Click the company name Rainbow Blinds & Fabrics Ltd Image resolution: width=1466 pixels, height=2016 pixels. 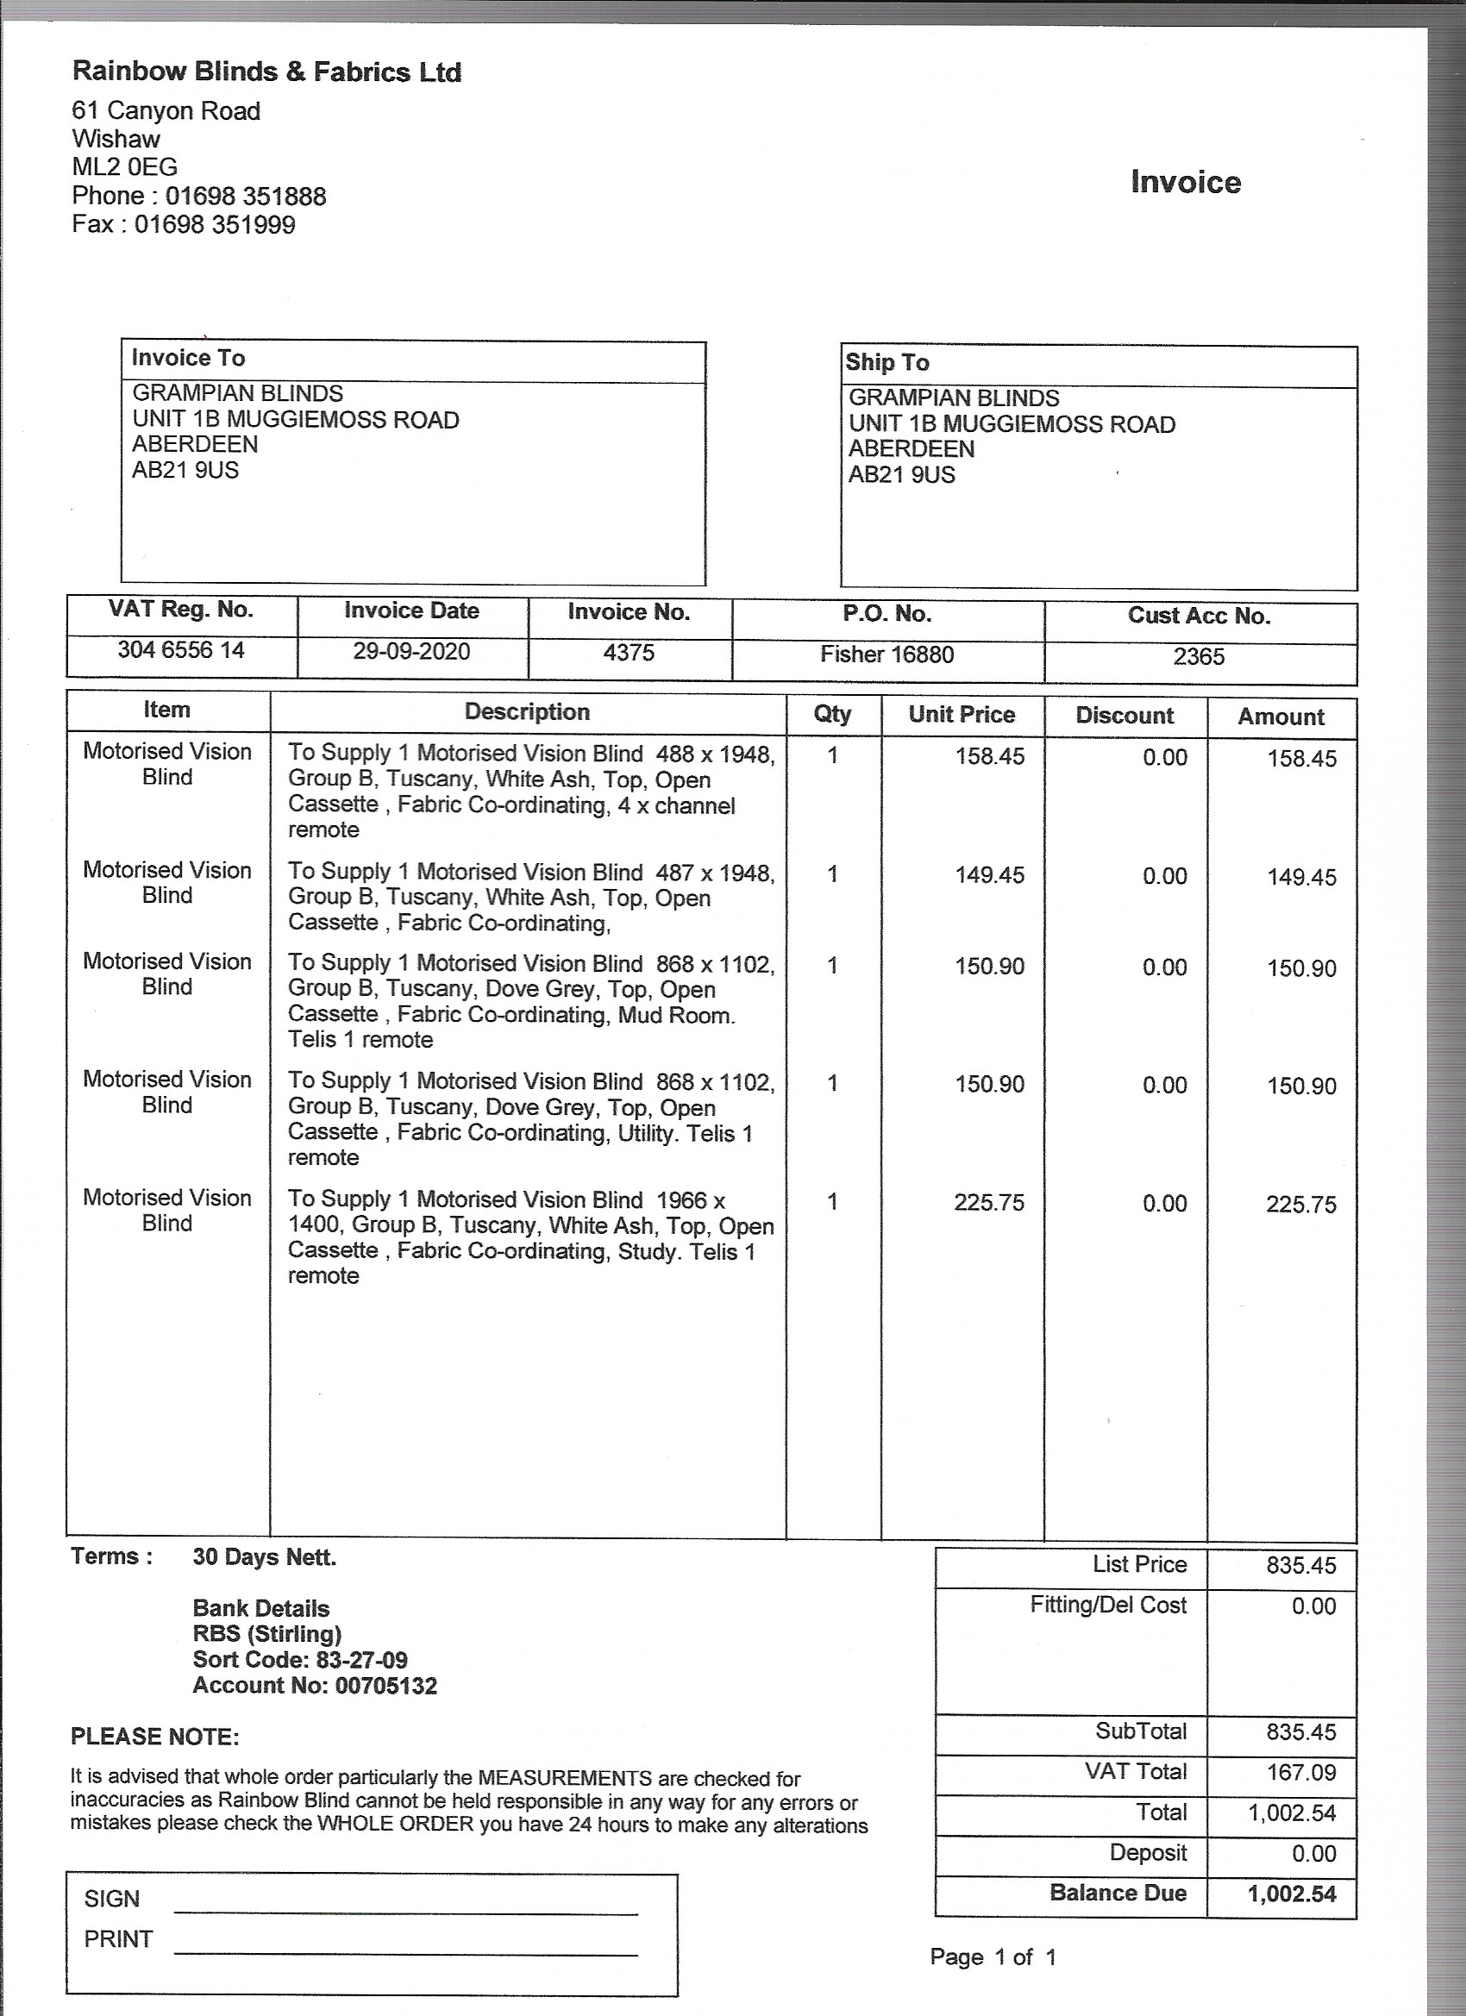[x=266, y=72]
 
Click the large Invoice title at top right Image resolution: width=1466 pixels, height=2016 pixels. [x=1185, y=182]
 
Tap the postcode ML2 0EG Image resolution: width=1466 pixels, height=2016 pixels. [x=124, y=167]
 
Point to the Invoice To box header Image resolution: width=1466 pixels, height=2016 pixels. [x=189, y=358]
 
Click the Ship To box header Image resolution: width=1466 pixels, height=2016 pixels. [x=887, y=363]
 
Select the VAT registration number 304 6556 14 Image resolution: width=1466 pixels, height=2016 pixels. [x=181, y=651]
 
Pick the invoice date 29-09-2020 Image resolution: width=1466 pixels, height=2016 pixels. [x=411, y=652]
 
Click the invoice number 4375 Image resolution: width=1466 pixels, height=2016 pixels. [x=629, y=654]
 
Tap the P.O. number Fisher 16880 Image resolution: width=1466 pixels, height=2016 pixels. [x=886, y=655]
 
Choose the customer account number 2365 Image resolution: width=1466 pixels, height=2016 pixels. [x=1199, y=657]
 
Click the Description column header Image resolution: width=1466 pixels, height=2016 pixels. [x=527, y=712]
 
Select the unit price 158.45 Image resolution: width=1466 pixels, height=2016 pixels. [x=989, y=756]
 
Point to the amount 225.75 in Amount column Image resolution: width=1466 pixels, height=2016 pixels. [x=1300, y=1205]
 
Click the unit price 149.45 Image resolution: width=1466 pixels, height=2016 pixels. [x=989, y=874]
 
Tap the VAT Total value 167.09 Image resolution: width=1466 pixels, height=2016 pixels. [x=1300, y=1773]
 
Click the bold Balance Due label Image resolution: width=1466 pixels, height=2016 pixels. [x=1118, y=1893]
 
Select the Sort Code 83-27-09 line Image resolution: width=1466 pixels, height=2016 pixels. [x=299, y=1660]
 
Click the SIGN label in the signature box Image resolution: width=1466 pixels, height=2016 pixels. [x=112, y=1899]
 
